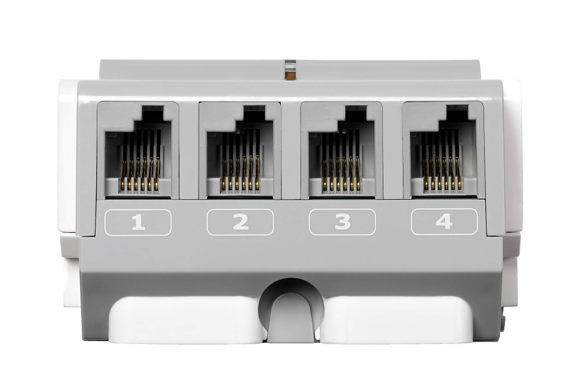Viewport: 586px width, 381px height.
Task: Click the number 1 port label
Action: pos(138,223)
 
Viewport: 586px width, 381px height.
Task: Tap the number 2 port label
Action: pos(240,222)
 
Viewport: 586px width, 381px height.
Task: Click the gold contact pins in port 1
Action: pos(141,174)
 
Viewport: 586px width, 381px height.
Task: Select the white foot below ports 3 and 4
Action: pos(396,319)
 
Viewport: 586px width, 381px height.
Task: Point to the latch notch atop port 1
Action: pos(153,112)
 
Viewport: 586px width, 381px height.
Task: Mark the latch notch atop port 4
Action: pos(458,112)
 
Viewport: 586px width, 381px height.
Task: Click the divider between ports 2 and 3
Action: pos(291,149)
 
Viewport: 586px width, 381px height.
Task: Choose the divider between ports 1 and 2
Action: pos(189,149)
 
